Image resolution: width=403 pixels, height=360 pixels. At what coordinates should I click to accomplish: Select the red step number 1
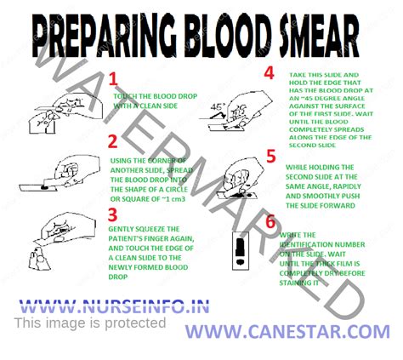[112, 80]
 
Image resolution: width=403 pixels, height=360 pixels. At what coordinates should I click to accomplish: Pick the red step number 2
[111, 140]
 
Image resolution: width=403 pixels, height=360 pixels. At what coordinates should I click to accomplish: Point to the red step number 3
[112, 214]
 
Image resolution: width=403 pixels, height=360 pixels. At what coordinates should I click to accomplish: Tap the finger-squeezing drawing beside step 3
[55, 234]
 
